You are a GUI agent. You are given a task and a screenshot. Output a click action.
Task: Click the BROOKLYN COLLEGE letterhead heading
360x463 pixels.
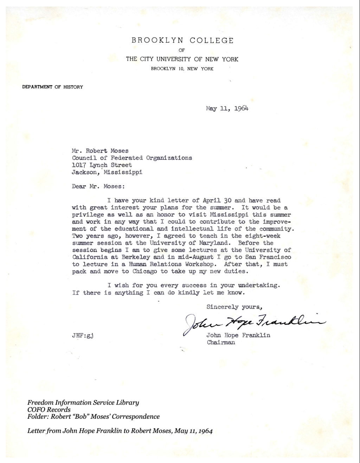pyautogui.click(x=182, y=40)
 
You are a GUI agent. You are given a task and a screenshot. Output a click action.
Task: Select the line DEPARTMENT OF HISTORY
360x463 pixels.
pyautogui.click(x=52, y=87)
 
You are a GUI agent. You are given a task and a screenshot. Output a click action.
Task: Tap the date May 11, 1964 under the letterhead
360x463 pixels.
pyautogui.click(x=227, y=108)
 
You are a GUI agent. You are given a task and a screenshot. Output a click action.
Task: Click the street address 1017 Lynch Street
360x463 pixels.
pyautogui.click(x=102, y=165)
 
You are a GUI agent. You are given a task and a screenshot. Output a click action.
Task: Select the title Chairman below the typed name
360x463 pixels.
pyautogui.click(x=221, y=342)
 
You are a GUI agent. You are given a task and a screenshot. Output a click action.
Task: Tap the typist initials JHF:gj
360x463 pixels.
pyautogui.click(x=83, y=335)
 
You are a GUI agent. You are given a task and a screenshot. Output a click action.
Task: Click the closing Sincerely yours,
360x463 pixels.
pyautogui.click(x=234, y=307)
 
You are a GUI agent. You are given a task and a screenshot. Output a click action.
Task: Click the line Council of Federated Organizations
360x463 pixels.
pyautogui.click(x=132, y=158)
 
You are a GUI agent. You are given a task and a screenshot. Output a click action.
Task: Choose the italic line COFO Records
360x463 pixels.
pyautogui.click(x=49, y=410)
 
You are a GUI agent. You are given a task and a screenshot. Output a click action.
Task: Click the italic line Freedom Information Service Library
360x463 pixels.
pyautogui.click(x=83, y=402)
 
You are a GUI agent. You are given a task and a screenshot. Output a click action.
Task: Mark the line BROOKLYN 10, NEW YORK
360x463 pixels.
pyautogui.click(x=182, y=69)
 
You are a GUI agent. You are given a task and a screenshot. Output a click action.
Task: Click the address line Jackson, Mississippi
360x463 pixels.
pyautogui.click(x=107, y=172)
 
